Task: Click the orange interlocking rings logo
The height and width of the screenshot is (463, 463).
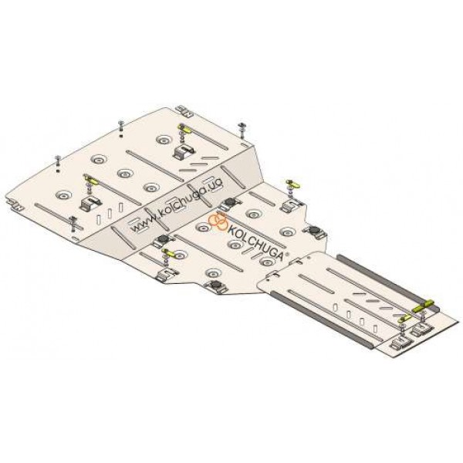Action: [218, 221]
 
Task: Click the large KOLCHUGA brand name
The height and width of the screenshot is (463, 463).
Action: [255, 242]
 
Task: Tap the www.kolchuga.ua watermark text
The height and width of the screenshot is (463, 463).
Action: [177, 205]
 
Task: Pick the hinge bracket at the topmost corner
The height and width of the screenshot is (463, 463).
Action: [184, 111]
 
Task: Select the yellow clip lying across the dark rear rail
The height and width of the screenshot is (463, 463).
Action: [423, 306]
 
